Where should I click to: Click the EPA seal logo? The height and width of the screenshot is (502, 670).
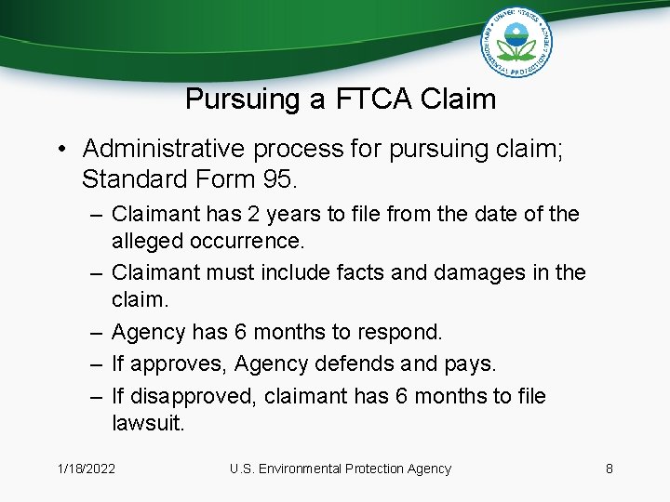(x=516, y=42)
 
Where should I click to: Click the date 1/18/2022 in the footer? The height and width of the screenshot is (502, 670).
(x=86, y=469)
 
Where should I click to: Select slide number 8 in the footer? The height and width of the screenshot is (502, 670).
(x=610, y=469)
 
